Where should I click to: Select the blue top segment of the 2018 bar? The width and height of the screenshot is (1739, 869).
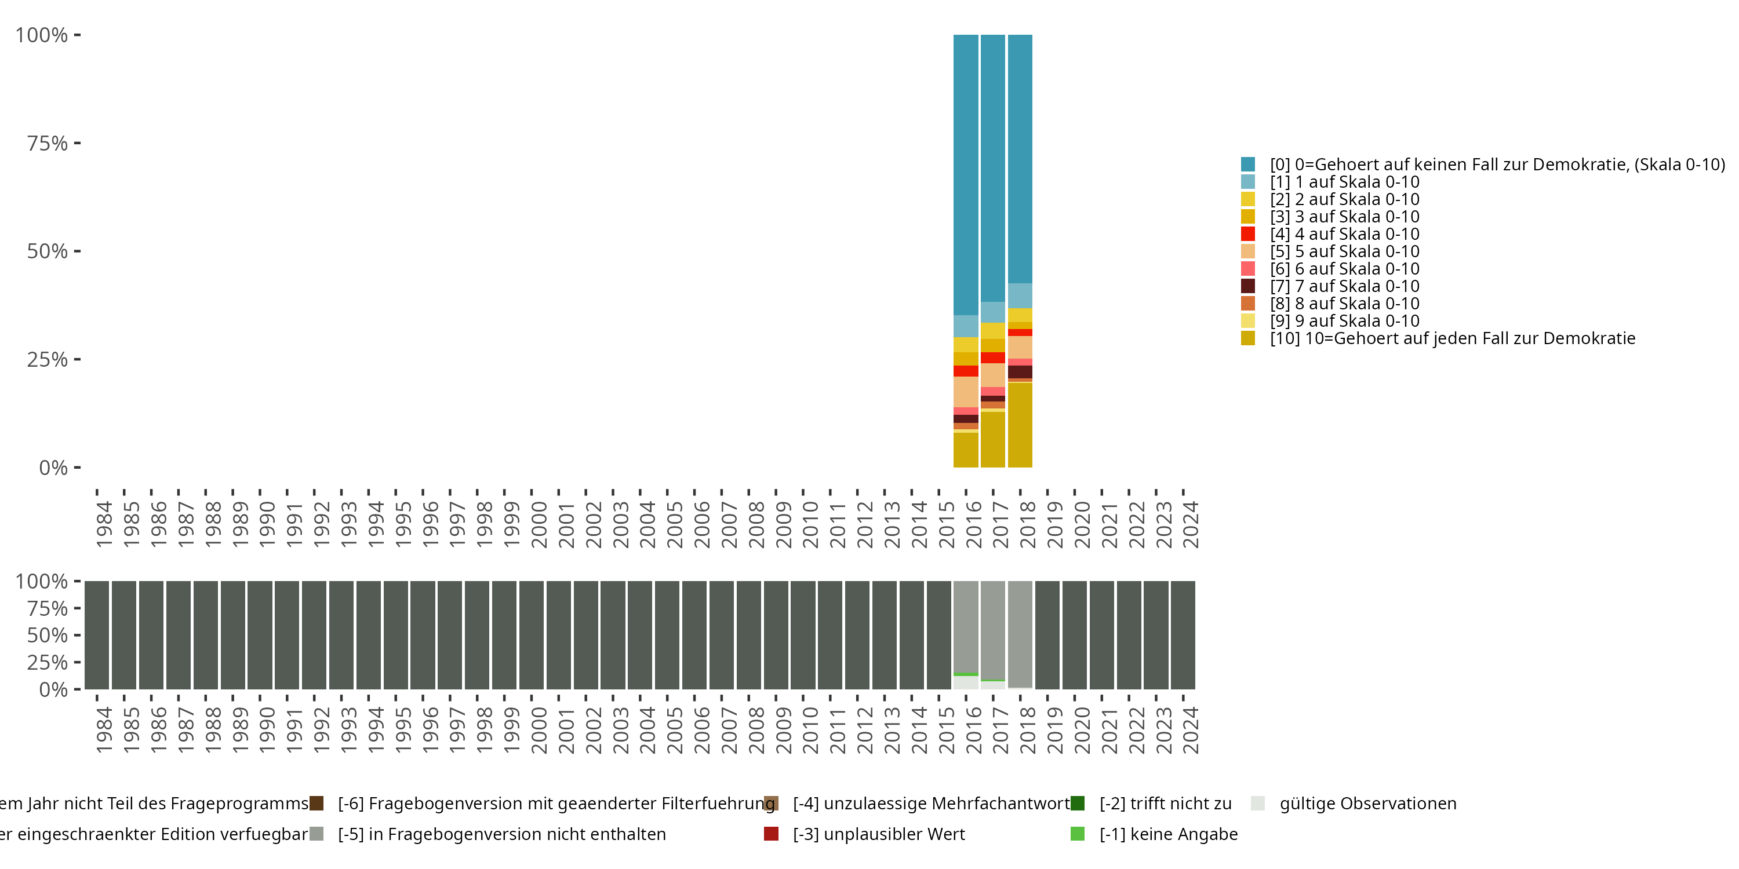point(1020,159)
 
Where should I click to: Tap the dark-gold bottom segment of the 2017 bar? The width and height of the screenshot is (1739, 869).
point(992,439)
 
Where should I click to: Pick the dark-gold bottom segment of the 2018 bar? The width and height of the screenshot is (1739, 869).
point(1020,425)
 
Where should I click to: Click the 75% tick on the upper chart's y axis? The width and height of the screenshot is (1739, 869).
point(48,143)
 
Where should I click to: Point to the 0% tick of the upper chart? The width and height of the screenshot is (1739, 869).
point(53,468)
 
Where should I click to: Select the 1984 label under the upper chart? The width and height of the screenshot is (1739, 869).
point(104,524)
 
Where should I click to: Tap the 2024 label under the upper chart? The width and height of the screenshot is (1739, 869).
point(1191,524)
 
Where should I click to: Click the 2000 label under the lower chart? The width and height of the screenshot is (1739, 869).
point(539,730)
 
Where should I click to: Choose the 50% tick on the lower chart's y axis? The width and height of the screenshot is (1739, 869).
point(48,636)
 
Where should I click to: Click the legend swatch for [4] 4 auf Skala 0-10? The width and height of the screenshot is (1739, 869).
point(1247,234)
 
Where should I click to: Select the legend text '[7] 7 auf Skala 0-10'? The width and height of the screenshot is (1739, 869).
point(1345,286)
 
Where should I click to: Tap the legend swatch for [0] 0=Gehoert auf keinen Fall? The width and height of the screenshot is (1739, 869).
point(1247,164)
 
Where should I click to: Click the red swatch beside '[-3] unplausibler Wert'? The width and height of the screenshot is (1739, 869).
point(771,834)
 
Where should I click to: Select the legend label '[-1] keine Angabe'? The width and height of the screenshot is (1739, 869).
point(1169,834)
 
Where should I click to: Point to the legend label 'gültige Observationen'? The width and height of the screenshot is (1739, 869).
point(1367,804)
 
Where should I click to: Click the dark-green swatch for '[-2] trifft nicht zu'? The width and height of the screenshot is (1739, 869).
point(1078,804)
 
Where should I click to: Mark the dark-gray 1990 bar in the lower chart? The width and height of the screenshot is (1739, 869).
point(260,635)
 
